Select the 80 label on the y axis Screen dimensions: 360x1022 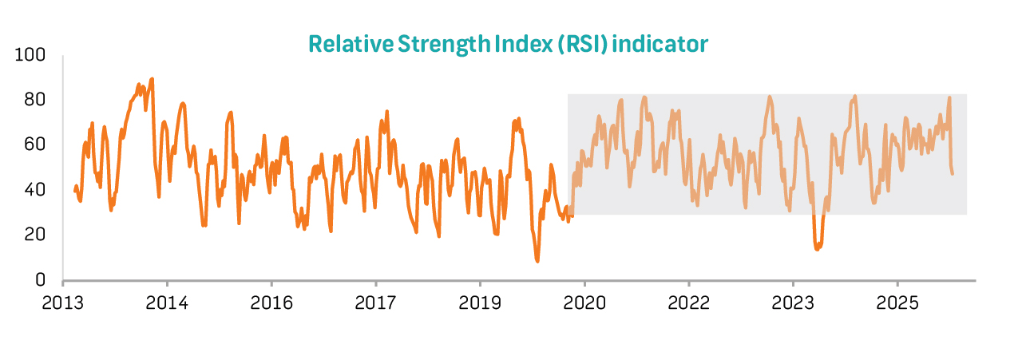click(35, 100)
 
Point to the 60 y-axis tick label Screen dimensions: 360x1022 click(35, 144)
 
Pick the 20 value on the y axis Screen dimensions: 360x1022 click(35, 235)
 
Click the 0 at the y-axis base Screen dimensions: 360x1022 click(40, 279)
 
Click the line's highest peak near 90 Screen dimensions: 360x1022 click(152, 79)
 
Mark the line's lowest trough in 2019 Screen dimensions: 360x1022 click(537, 261)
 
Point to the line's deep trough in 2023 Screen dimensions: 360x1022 click(817, 249)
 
